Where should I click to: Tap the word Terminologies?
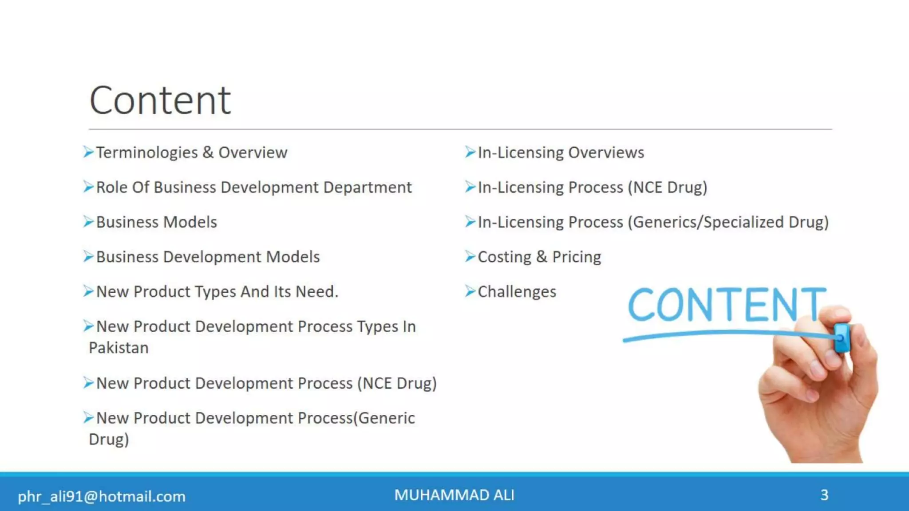[x=147, y=153]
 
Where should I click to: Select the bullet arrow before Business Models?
[x=88, y=221]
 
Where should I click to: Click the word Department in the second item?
[x=368, y=187]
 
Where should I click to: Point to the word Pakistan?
[x=119, y=348]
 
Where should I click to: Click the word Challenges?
[x=517, y=292]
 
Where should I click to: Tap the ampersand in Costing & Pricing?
[x=541, y=257]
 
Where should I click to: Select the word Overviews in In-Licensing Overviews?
[x=606, y=153]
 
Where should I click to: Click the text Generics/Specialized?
[x=708, y=222]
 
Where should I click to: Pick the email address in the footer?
[x=102, y=496]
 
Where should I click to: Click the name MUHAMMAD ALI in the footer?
[x=454, y=495]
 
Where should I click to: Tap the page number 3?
[x=824, y=495]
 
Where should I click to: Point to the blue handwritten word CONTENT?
[x=726, y=305]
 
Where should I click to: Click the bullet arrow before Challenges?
[x=470, y=291]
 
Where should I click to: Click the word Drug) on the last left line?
[x=109, y=440]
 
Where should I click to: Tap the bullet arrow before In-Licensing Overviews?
[x=470, y=152]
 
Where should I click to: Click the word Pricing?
[x=577, y=257]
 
